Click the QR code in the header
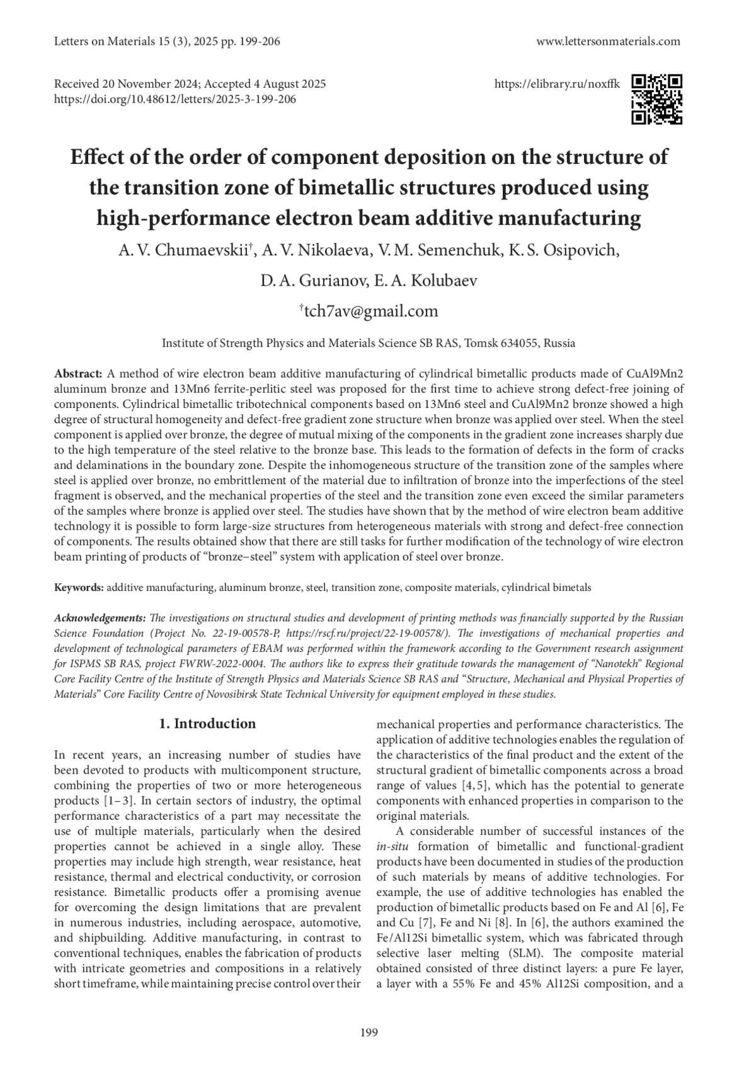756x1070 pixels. coord(656,99)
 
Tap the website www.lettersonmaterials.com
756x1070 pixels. coord(608,42)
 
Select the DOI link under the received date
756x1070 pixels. coord(175,99)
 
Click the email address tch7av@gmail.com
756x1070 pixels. coord(369,311)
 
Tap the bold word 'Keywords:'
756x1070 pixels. coord(79,588)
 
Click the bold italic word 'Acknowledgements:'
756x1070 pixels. coord(100,617)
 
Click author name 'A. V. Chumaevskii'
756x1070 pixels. coord(184,250)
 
